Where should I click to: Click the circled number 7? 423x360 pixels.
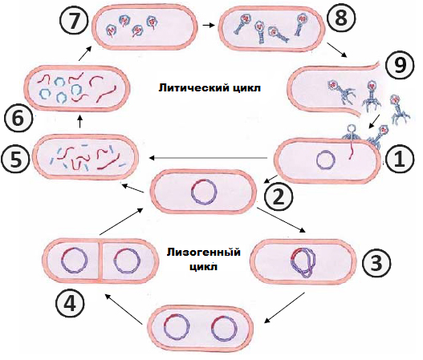(74, 20)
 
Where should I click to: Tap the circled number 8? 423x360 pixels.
(341, 19)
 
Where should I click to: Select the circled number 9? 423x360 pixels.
(400, 66)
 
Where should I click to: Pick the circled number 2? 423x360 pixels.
(279, 197)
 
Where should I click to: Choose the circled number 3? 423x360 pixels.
(376, 263)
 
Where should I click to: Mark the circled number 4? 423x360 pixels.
(70, 305)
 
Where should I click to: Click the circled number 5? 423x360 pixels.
(15, 160)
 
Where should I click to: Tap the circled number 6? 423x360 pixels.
(18, 119)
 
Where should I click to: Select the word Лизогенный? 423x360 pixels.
(204, 253)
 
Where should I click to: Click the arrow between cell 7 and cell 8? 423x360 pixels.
(209, 25)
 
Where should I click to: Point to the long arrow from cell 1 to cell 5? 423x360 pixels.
(208, 158)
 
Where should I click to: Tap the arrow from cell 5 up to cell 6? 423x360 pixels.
(79, 122)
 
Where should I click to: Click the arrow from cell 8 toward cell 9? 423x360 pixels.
(336, 50)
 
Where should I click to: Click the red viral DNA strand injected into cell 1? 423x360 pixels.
(352, 151)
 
